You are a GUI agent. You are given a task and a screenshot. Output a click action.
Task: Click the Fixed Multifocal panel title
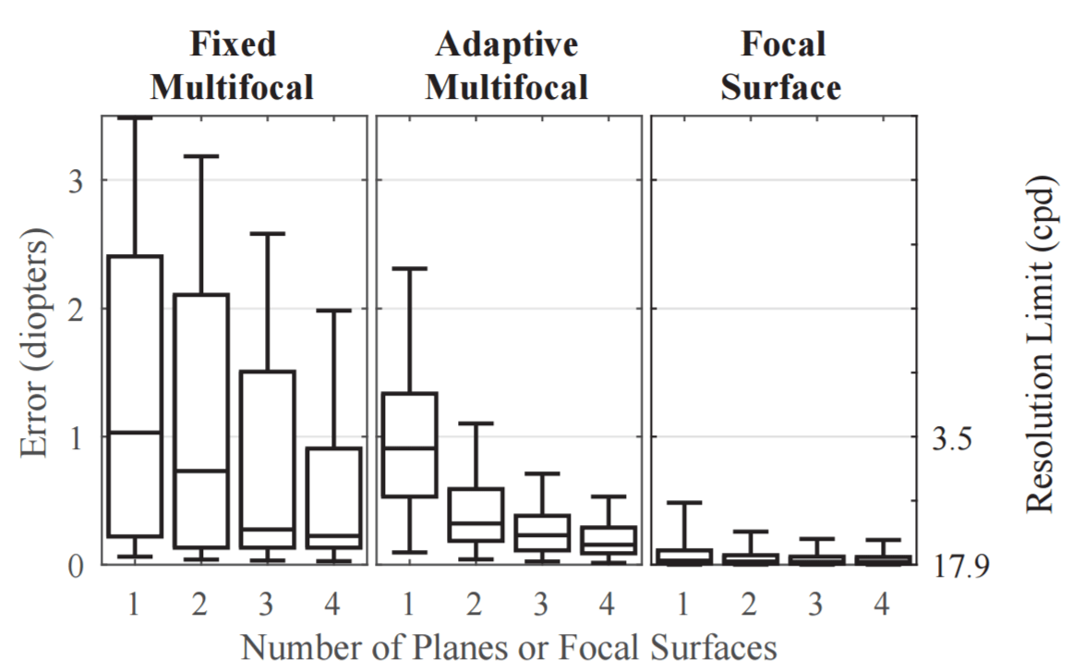point(232,66)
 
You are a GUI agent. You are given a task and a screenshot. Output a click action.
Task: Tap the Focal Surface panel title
point(782,66)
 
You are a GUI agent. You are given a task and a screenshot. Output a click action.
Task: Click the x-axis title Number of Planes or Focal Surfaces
point(509,648)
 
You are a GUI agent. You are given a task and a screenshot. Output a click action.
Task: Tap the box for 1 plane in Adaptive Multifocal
point(410,445)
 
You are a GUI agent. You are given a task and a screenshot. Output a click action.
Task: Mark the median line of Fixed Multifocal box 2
point(201,470)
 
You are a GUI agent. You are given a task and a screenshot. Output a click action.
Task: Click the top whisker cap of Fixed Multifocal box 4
point(334,311)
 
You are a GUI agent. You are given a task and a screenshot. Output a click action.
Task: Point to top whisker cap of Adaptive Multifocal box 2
point(476,423)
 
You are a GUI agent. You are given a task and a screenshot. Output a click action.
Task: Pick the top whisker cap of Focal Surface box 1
point(685,503)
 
